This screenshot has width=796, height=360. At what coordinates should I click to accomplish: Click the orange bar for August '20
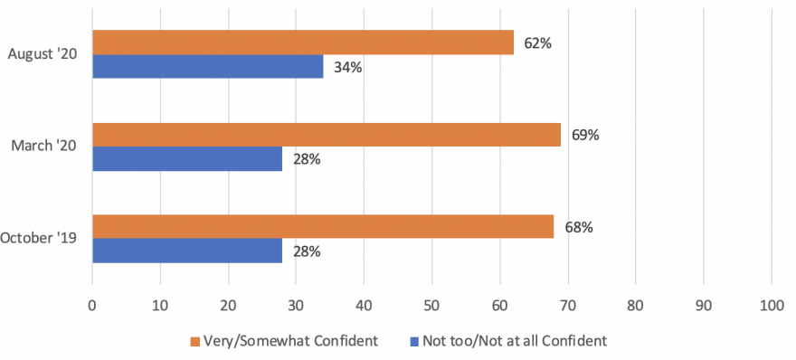[x=302, y=43]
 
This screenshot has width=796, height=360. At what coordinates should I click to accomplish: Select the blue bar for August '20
[x=207, y=66]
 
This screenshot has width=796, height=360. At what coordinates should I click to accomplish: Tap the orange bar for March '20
[x=326, y=135]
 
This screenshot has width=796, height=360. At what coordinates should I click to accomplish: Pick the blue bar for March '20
[x=186, y=159]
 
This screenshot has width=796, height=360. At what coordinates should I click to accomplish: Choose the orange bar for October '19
[x=322, y=227]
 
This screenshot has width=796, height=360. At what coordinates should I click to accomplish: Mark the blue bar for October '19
[x=186, y=251]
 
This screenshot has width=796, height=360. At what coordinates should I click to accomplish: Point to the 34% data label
[x=348, y=67]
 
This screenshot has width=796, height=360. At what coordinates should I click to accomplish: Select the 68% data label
[x=579, y=227]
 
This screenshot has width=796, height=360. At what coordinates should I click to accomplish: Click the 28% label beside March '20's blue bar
[x=307, y=159]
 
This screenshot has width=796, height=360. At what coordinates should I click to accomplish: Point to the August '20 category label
[x=42, y=54]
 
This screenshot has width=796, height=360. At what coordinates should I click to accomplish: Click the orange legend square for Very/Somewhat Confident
[x=194, y=341]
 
